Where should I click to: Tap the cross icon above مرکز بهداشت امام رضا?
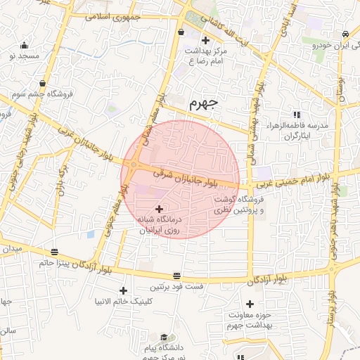[x=205, y=40]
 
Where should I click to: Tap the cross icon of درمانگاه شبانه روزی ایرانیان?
[x=159, y=209]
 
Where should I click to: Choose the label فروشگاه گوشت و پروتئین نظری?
[x=242, y=205]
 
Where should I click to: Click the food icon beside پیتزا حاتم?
[x=54, y=250]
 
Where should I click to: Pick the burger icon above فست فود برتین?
[x=176, y=276]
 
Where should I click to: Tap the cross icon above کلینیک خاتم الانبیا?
[x=124, y=290]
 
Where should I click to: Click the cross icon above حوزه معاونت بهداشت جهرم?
[x=249, y=304]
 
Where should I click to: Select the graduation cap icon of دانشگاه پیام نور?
[x=164, y=337]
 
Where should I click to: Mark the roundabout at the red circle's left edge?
[x=134, y=166]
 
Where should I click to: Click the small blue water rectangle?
[x=90, y=234]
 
